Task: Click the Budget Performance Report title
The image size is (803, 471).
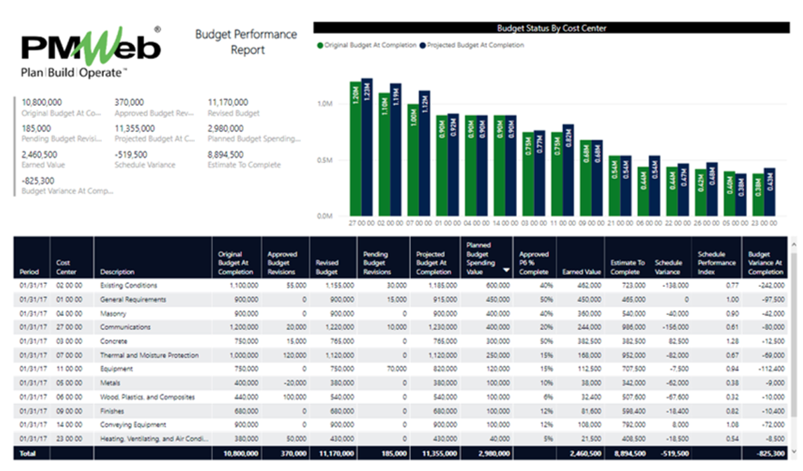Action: coord(246,42)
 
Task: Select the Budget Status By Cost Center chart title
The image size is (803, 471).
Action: coord(551,28)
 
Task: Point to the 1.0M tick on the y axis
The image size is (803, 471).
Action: coord(325,104)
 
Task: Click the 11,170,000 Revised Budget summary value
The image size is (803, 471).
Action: coord(227,103)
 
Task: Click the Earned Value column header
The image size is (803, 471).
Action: coord(582,272)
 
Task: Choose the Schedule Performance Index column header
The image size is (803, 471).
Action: coord(716,263)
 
